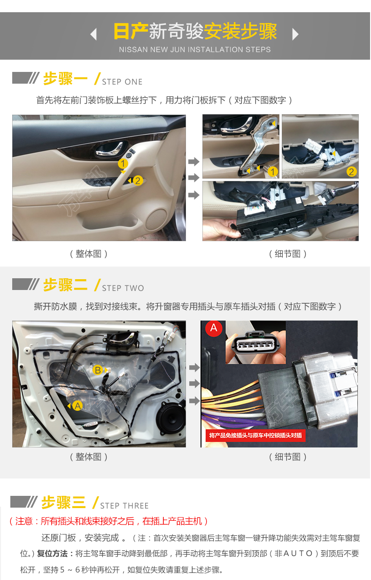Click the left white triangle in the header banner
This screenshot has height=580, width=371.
coord(93,34)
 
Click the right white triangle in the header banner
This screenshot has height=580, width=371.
coord(295,34)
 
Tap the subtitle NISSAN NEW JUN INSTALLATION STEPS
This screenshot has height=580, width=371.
coord(195,49)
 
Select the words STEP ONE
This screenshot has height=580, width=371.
coord(122,82)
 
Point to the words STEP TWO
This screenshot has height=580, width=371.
coord(123,288)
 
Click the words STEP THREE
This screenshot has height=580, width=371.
coord(124,505)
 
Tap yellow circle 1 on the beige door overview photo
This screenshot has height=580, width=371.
coord(123,164)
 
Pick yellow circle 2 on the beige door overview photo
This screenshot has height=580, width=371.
coord(138,180)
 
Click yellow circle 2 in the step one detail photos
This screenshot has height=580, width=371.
coord(351,172)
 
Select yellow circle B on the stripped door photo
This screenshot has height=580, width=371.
coord(98,370)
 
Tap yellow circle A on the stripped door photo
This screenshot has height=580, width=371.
coord(77,406)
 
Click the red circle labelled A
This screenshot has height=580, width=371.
coord(214,328)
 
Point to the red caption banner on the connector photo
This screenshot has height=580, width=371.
coord(255,436)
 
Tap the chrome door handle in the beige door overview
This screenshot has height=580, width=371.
coord(109,149)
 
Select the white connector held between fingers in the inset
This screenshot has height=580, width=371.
coord(256,343)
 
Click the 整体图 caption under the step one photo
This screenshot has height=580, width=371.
coord(88,254)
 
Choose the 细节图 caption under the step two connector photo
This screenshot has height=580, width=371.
coord(288,457)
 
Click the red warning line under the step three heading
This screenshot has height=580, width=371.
coord(108,521)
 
